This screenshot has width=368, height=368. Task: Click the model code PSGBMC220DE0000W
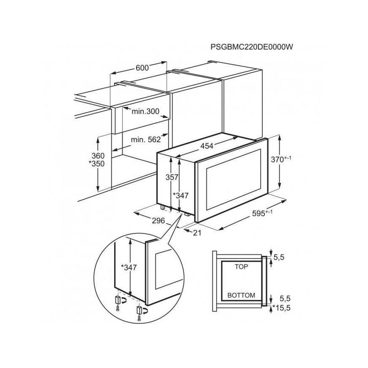pyautogui.click(x=252, y=47)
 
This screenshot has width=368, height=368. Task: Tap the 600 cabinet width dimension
pyautogui.click(x=142, y=68)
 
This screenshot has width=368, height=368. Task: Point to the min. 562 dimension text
pyautogui.click(x=146, y=140)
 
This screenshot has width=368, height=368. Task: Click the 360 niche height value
pyautogui.click(x=98, y=156)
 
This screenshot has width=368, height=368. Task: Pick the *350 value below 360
pyautogui.click(x=96, y=164)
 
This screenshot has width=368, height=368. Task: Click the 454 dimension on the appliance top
pyautogui.click(x=207, y=146)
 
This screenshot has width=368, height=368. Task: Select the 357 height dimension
pyautogui.click(x=172, y=177)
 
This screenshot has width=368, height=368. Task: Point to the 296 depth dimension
pyautogui.click(x=159, y=221)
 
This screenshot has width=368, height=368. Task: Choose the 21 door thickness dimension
pyautogui.click(x=197, y=233)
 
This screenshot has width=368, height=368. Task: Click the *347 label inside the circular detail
pyautogui.click(x=129, y=267)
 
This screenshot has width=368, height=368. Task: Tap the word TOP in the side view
pyautogui.click(x=241, y=266)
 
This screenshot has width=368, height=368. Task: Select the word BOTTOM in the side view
pyautogui.click(x=241, y=295)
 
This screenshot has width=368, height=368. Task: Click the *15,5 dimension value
pyautogui.click(x=281, y=308)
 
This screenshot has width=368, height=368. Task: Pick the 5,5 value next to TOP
pyautogui.click(x=279, y=257)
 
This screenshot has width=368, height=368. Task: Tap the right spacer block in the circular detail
pyautogui.click(x=140, y=310)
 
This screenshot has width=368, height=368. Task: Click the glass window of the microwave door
pyautogui.click(x=233, y=180)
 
